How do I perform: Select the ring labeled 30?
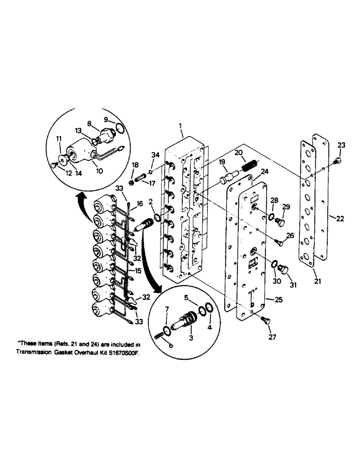point(274,264)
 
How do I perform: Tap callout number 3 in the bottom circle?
point(191,339)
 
